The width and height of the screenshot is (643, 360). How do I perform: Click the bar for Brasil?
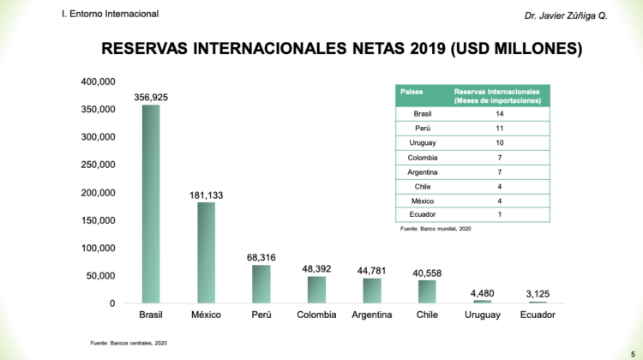point(151,204)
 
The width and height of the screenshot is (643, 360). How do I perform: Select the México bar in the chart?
point(206,253)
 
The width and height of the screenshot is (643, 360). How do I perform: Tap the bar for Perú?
point(261,284)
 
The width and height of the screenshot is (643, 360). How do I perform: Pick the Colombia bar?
point(316,290)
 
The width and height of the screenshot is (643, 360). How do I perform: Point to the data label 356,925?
point(151,98)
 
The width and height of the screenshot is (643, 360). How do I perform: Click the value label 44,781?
point(372,270)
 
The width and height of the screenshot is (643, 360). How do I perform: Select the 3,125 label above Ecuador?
point(538,294)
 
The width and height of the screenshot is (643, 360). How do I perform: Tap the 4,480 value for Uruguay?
point(483,293)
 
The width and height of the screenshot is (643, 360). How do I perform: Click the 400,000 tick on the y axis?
point(99,81)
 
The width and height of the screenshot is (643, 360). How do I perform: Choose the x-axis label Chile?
point(427,315)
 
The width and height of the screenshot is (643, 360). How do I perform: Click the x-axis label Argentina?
point(372,315)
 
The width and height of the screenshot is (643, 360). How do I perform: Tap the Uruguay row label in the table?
point(423,143)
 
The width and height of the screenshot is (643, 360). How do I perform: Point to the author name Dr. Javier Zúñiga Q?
point(565,16)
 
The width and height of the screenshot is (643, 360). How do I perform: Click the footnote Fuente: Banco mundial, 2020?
point(436,230)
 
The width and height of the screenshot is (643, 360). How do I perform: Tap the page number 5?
point(633,342)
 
